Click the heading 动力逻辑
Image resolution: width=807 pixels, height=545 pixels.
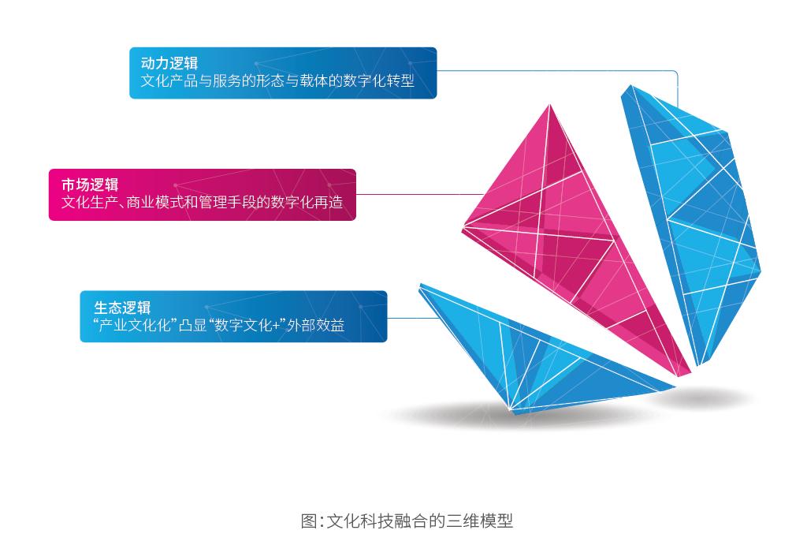[x=169, y=63]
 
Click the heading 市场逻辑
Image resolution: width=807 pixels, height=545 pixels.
[x=90, y=185]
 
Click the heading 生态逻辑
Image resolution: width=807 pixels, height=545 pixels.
[x=122, y=308]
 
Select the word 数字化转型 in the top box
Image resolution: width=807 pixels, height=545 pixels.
[x=378, y=81]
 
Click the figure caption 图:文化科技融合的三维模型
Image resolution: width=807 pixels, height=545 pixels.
[x=407, y=521]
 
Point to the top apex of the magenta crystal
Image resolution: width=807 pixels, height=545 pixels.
[x=549, y=105]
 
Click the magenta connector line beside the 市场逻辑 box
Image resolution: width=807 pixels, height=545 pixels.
[x=420, y=195]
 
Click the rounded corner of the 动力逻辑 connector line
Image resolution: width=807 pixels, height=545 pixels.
[x=675, y=73]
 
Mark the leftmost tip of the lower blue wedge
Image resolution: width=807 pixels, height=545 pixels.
[x=420, y=285]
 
